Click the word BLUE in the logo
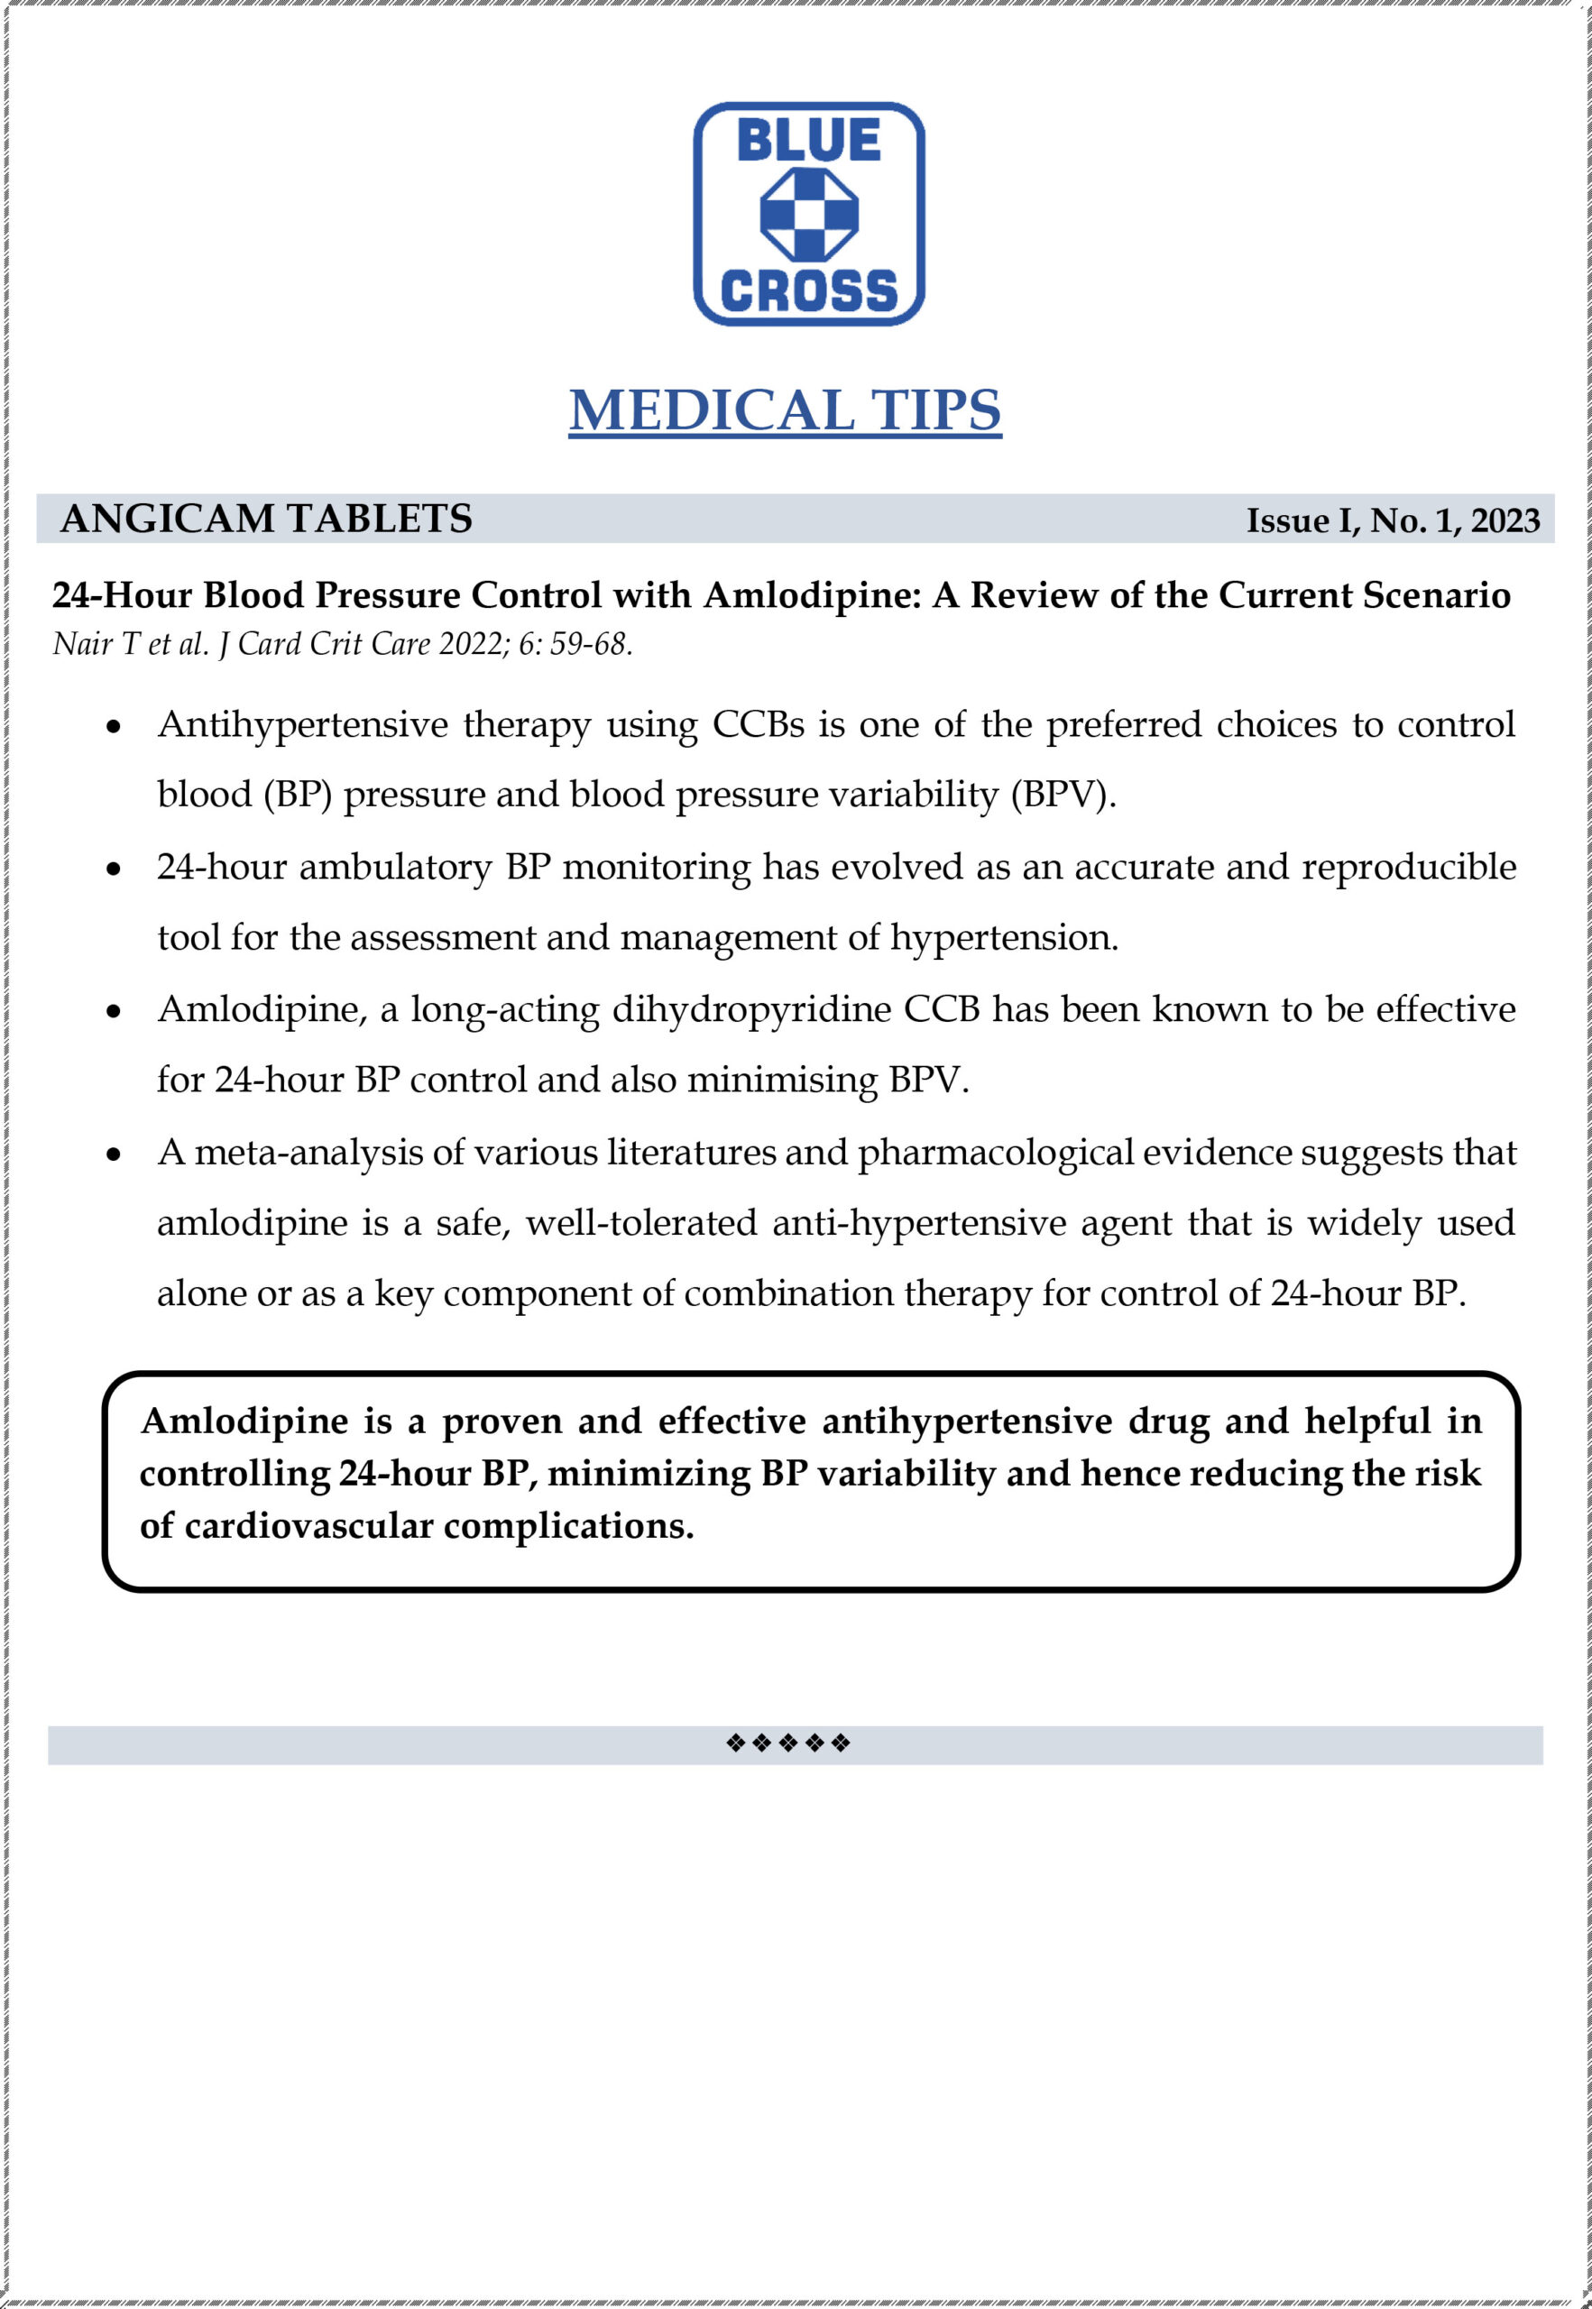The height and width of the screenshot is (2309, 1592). click(x=808, y=141)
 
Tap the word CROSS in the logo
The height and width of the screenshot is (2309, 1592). click(x=808, y=290)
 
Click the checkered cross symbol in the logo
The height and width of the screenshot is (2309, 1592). click(x=808, y=215)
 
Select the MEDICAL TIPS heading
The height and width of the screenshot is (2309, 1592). click(x=785, y=409)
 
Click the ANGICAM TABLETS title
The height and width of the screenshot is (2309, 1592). click(x=266, y=519)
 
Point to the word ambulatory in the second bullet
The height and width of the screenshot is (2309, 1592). click(x=395, y=867)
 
